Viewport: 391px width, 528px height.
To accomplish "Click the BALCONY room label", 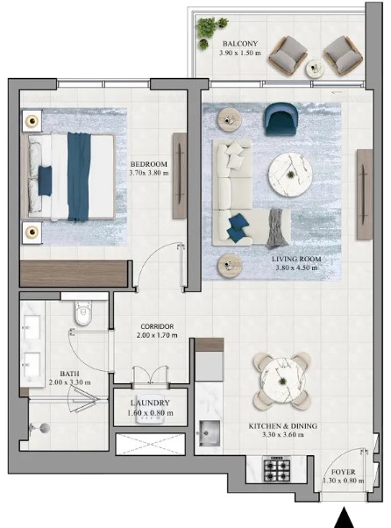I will (239, 43).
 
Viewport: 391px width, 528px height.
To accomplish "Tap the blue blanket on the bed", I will (79, 175).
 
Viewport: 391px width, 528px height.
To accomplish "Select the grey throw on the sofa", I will (277, 225).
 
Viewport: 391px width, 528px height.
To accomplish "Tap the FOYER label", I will (343, 470).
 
